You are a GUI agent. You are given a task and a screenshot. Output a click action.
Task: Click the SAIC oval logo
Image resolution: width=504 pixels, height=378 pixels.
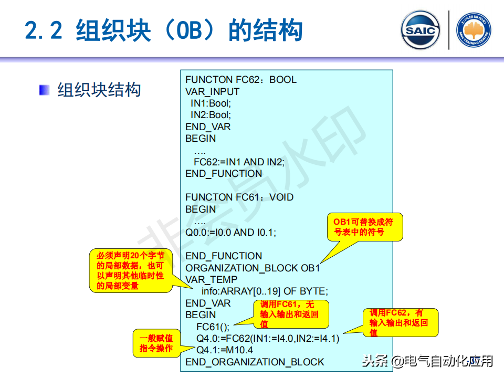pyautogui.click(x=420, y=30)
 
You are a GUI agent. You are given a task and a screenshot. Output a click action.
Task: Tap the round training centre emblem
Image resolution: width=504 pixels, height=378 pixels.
pyautogui.click(x=474, y=30)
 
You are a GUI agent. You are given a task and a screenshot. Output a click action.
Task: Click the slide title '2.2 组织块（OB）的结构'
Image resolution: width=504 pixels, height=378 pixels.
pyautogui.click(x=164, y=30)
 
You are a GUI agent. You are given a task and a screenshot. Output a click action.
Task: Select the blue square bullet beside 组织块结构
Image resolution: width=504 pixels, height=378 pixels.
pyautogui.click(x=44, y=90)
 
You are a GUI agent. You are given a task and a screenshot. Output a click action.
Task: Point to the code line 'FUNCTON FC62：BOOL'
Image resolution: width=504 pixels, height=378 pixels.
pyautogui.click(x=240, y=80)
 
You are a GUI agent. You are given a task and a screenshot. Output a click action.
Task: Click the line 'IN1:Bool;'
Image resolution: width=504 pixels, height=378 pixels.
pyautogui.click(x=211, y=103)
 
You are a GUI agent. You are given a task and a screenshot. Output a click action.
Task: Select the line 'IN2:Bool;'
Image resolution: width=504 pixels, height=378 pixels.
pyautogui.click(x=211, y=115)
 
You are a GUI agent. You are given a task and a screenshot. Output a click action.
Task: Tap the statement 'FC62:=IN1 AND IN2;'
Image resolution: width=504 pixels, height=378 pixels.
pyautogui.click(x=239, y=162)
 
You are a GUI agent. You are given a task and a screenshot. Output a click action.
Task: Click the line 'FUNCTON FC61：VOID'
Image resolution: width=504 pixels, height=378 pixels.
pyautogui.click(x=239, y=197)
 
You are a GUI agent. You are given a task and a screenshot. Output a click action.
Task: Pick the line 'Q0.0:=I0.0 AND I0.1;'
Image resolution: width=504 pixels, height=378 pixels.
pyautogui.click(x=231, y=232)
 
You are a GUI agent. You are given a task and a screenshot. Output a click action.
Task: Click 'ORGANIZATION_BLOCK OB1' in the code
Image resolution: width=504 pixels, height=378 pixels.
pyautogui.click(x=253, y=268)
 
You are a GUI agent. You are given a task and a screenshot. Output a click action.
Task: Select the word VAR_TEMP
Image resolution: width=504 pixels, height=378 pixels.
pyautogui.click(x=212, y=280)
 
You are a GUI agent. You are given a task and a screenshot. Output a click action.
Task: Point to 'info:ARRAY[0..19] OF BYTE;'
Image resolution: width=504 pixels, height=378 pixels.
pyautogui.click(x=265, y=291)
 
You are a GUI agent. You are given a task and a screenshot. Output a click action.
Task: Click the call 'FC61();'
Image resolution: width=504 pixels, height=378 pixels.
pyautogui.click(x=212, y=327)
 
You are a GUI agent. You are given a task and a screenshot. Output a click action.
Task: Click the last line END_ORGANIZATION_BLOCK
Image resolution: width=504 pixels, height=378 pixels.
pyautogui.click(x=255, y=362)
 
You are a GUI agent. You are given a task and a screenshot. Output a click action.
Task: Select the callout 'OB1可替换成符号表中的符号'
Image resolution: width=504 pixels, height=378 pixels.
pyautogui.click(x=364, y=227)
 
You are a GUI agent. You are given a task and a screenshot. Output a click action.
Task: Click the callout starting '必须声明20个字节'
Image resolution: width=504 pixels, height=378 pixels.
pyautogui.click(x=130, y=270)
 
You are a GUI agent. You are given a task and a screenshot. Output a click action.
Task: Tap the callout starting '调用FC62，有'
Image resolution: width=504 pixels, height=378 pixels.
pyautogui.click(x=400, y=322)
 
